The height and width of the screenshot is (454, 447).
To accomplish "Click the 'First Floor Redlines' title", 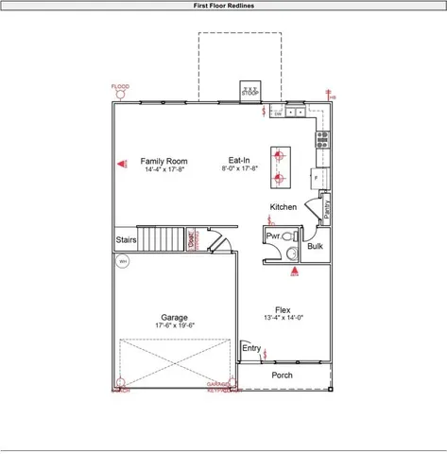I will coord(223,5).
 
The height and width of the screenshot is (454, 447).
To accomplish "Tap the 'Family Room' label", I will coord(164,162).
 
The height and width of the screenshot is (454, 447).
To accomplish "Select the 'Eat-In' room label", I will coord(239,161).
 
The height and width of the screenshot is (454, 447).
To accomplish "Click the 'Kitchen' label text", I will coord(284,207).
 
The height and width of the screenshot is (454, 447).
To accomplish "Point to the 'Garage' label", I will coord(174,318).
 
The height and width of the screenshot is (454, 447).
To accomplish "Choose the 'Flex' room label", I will coord(283,310).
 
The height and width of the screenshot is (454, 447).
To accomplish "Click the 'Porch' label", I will coord(282,375).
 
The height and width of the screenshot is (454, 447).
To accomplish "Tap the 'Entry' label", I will coord(251,349).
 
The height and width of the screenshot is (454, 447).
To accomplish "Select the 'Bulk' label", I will coord(315,247).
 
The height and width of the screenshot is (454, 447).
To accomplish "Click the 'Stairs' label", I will coord(126,241).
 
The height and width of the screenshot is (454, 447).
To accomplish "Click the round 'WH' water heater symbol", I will coord(122,263).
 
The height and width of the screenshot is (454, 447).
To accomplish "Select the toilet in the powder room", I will coord(288,237).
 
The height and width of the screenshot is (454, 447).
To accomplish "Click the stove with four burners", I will coord(322,141).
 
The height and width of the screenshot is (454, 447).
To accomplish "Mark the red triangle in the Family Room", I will coord(122,164).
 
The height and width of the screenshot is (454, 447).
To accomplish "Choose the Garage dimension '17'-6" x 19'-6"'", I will coord(174,325).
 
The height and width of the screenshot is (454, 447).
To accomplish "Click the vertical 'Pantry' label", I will coord(326,208).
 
